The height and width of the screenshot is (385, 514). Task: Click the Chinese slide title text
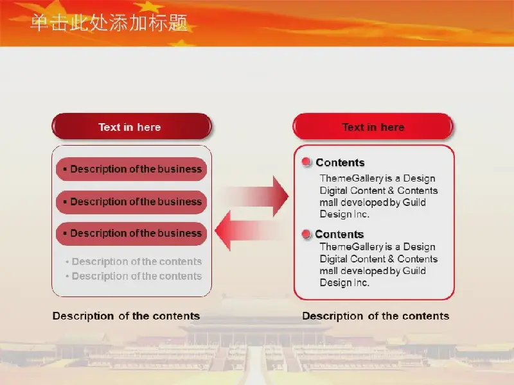[x=109, y=23]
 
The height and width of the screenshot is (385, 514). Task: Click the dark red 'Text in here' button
[x=132, y=126]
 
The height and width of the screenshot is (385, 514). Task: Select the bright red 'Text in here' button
[x=373, y=126]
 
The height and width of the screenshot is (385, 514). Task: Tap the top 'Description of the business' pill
[x=132, y=169]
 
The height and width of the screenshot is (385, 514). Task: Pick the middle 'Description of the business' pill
[x=132, y=201]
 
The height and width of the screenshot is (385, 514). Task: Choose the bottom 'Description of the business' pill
[x=132, y=234]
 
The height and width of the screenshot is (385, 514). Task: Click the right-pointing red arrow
[x=256, y=196]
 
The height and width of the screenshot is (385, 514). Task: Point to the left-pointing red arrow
[x=248, y=230]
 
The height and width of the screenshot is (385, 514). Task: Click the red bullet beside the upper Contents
[x=306, y=162]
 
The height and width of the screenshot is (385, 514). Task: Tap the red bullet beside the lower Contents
[x=306, y=234]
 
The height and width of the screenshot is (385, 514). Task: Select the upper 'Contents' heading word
[x=340, y=162]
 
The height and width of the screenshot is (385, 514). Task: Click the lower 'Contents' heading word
[x=339, y=234]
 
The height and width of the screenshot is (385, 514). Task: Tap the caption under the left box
[x=126, y=316]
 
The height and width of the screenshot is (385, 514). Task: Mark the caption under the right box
[x=376, y=316]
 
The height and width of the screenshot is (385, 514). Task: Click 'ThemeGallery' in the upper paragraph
[x=351, y=178]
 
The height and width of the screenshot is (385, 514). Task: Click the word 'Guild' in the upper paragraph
[x=414, y=202]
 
